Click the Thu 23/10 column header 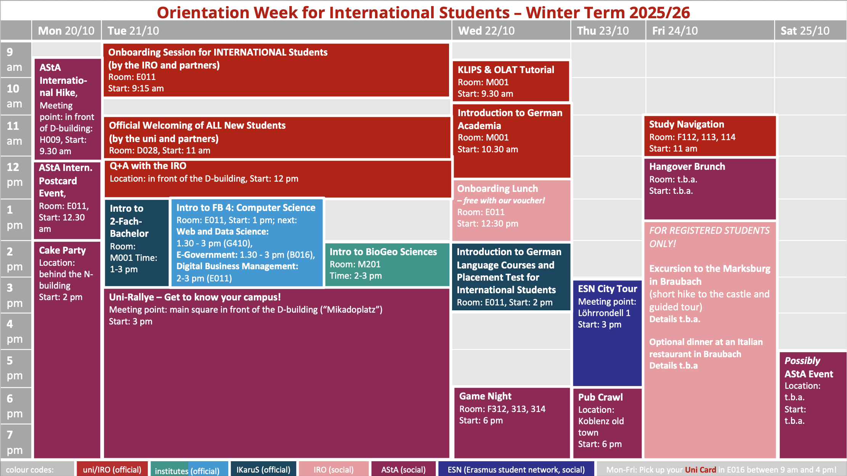coord(603,31)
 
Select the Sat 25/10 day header coord(805,31)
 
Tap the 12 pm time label coord(14,174)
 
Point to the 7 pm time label coord(14,442)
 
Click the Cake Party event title coord(62,250)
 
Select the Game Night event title coord(485,396)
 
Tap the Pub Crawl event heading coord(600,397)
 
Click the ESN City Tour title coord(607,289)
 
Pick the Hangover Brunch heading coord(687,166)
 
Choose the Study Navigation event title coord(687,124)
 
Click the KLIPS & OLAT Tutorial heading coord(506,70)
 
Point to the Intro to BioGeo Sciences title coord(383,252)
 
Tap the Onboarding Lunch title coord(497,188)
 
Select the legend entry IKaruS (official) coord(263,470)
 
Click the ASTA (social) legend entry coord(404,470)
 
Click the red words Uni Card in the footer coord(701,470)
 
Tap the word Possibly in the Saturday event coord(802,361)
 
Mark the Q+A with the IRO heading coord(148,166)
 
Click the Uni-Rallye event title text coord(195,297)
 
